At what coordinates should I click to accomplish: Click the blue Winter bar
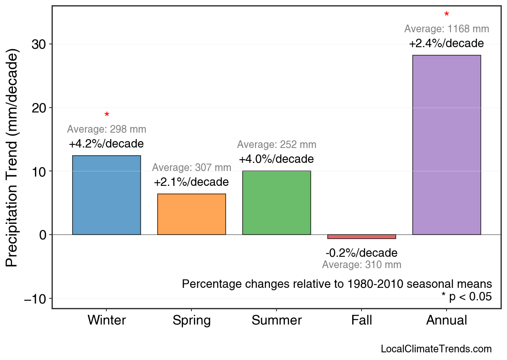coord(106,195)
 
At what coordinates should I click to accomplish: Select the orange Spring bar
coord(191,214)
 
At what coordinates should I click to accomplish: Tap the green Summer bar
coord(276,203)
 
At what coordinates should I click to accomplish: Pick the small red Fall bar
coord(362,237)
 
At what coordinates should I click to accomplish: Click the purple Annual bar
coord(447,145)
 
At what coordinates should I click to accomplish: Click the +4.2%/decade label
coord(106,144)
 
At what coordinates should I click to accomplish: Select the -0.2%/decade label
coord(362,253)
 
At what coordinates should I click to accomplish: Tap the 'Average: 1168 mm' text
coord(447,29)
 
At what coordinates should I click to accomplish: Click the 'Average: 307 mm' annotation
coord(191,168)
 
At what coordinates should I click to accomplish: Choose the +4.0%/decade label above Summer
coord(276,159)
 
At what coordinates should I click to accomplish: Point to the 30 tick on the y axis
coord(39,44)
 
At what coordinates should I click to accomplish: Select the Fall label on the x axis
coord(362,320)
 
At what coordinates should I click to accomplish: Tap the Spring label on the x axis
coord(191,320)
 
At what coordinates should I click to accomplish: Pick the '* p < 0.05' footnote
coord(466,297)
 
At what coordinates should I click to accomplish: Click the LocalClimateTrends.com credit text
coord(436,349)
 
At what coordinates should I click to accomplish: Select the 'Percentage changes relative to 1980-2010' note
coord(337,284)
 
